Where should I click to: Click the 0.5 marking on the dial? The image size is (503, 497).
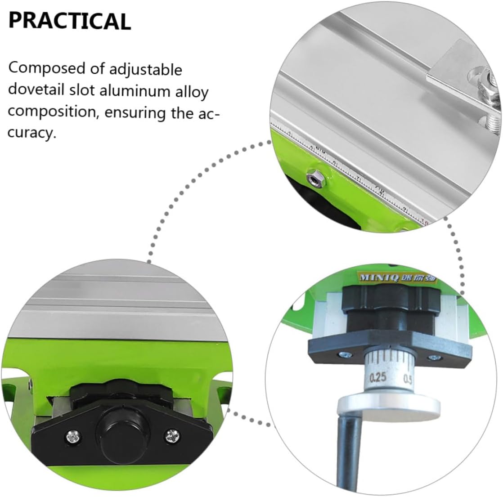[409, 378]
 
